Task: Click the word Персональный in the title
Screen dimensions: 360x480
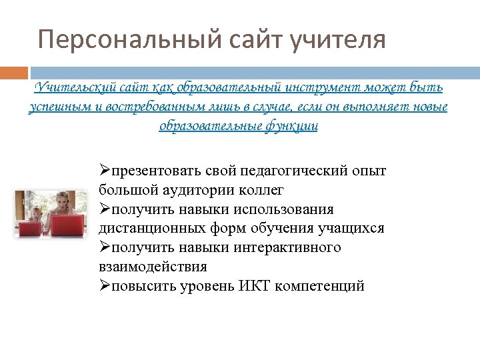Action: [127, 39]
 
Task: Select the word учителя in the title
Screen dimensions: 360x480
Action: [339, 39]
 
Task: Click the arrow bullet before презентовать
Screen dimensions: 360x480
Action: [105, 171]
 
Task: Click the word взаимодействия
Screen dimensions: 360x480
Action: [153, 267]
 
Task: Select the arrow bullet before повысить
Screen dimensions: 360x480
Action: [105, 286]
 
